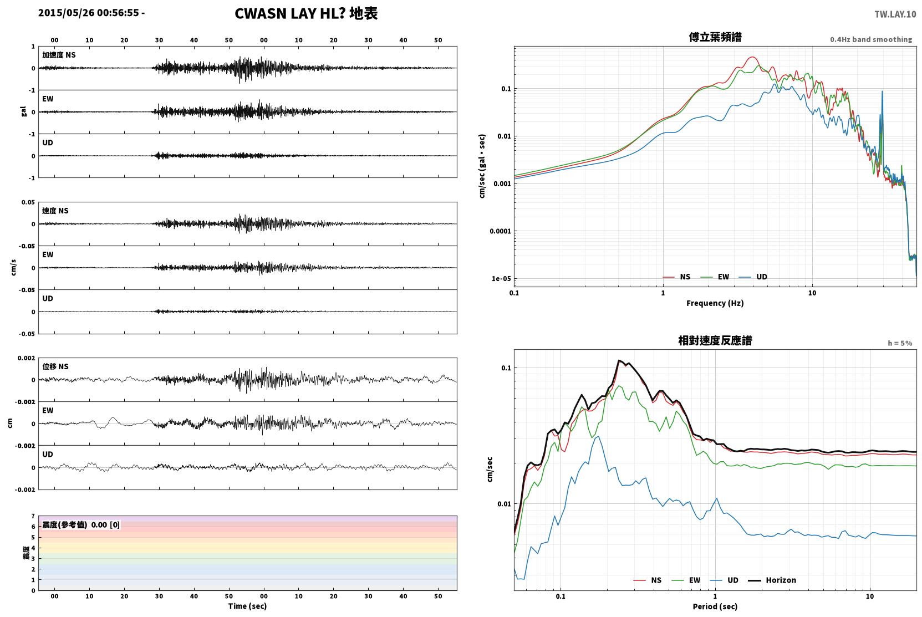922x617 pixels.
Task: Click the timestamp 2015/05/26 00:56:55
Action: coord(89,13)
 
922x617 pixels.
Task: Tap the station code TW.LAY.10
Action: coord(895,14)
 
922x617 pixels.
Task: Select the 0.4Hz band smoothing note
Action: coord(871,39)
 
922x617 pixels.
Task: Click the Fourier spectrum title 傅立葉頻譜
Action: coord(715,37)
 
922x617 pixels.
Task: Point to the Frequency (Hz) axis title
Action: coord(715,303)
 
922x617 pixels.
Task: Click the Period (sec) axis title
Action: coord(715,606)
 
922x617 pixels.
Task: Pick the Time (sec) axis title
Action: coord(247,606)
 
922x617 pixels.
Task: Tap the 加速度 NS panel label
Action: coord(59,55)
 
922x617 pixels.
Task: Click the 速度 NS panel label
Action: coord(55,211)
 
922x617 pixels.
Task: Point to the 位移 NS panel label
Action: coord(55,366)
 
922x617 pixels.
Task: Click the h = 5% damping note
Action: coord(900,343)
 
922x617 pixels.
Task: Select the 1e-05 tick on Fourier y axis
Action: coord(501,279)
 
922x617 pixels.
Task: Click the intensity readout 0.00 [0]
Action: coord(105,525)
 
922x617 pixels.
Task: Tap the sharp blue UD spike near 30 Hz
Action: coord(882,92)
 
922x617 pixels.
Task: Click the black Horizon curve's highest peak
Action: coord(619,360)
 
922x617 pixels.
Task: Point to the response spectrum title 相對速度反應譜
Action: coord(715,340)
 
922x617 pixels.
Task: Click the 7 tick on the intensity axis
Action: coord(33,516)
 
